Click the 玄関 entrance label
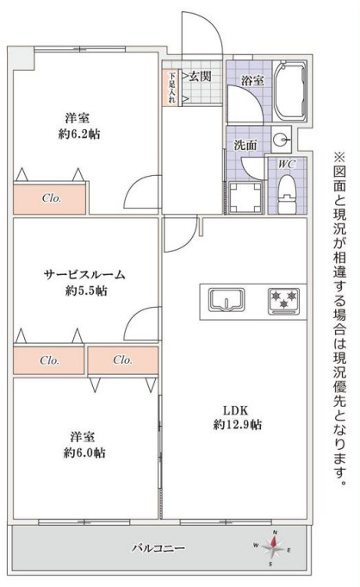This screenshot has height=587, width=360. pos(201,77)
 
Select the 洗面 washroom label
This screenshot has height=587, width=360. pos(245,145)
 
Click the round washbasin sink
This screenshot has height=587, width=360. pos(280,139)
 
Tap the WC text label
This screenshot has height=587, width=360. pos(287,164)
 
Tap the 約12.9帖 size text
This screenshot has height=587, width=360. pos(238,425)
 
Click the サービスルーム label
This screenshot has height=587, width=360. pos(85,274)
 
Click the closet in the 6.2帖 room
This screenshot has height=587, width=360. pos(49,198)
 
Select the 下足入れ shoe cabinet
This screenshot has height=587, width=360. pos(172,87)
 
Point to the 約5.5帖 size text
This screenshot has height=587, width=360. pos(85,291)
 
